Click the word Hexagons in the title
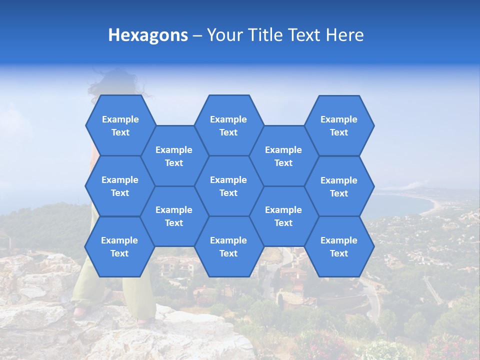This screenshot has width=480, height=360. [148, 35]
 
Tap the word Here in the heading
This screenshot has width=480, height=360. [344, 35]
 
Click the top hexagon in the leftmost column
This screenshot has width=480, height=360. [120, 125]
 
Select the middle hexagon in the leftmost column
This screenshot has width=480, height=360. [120, 186]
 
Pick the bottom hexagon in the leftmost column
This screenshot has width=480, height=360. [119, 246]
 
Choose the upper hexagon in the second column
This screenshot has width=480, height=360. [174, 156]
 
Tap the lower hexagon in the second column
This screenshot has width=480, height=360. [174, 216]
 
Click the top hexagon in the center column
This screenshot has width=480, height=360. [228, 125]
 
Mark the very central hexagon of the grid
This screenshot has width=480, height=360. [228, 186]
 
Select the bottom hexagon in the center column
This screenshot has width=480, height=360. [228, 246]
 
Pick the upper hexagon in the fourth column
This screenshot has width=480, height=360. [283, 156]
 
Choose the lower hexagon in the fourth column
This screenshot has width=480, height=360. [283, 216]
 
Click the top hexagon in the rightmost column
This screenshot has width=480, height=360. [339, 125]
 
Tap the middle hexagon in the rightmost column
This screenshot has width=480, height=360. [339, 186]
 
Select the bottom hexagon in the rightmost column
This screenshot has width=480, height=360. [339, 246]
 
